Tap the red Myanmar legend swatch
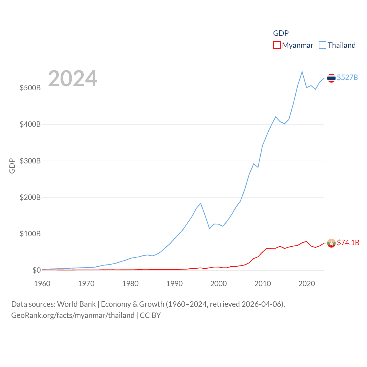coord(277,45)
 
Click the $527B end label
coord(347,77)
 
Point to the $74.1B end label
coord(348,243)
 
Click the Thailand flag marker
coord(331,78)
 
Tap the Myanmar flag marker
coord(331,243)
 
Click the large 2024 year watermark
coord(73,79)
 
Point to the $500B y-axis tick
coord(30,88)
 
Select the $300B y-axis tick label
coord(30,161)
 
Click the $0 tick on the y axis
coord(36,270)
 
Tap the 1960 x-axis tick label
coord(42,284)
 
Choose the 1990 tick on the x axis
coord(174,284)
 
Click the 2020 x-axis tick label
coord(307,284)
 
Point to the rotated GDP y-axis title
coord(12,166)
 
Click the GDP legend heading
coord(281,33)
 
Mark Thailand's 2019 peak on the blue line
coord(302,72)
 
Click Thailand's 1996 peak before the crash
coord(201,203)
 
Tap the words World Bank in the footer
coord(76,304)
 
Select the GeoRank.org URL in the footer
coord(73,315)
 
